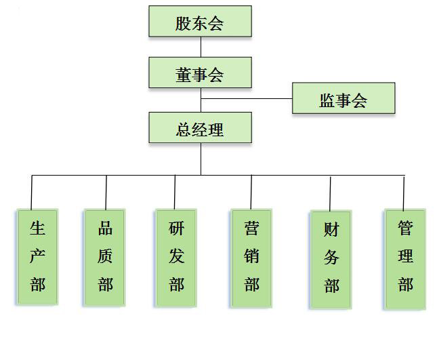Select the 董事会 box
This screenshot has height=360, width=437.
pos(200,73)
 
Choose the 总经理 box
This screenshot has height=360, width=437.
pos(200,127)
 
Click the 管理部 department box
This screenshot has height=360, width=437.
pos(405,258)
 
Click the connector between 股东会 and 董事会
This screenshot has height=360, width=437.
pos(201,47)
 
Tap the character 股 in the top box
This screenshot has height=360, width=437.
pos(183,24)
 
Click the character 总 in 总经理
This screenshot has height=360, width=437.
pos(183,129)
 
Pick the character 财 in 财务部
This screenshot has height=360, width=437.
pos(331,231)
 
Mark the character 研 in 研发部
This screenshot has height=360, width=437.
pos(176,228)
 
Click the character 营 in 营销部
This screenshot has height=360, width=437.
pos(251,228)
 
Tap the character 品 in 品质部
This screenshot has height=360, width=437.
pos(106,228)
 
